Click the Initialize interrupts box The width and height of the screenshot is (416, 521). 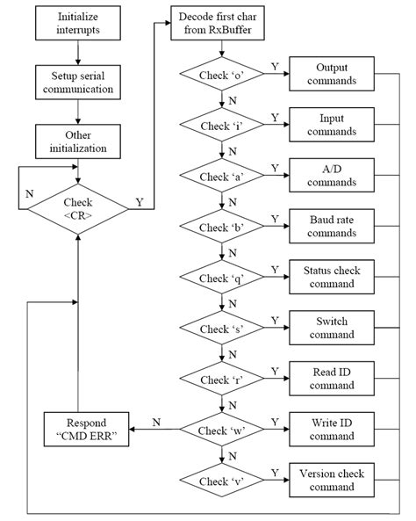[78, 24]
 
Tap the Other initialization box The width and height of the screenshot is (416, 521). [78, 141]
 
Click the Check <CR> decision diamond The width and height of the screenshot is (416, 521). [78, 208]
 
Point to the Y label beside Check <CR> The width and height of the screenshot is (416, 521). [140, 201]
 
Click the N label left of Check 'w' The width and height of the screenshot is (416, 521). [155, 423]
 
